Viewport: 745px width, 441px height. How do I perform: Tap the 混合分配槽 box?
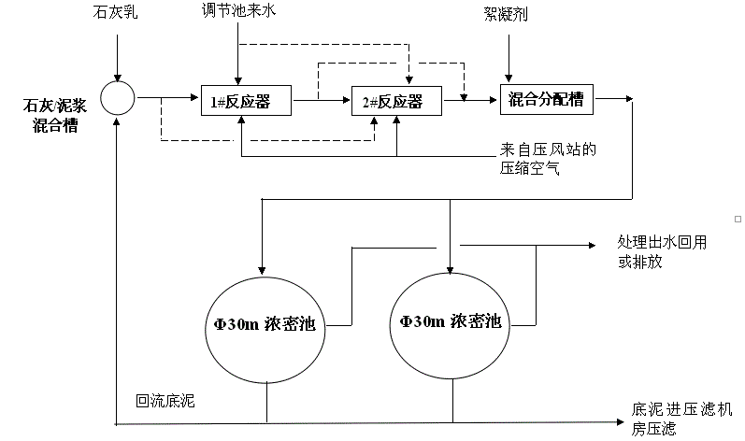pos(546,98)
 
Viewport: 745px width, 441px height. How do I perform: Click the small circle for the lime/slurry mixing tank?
pos(118,98)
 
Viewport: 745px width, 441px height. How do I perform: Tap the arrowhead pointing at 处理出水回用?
pos(590,245)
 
